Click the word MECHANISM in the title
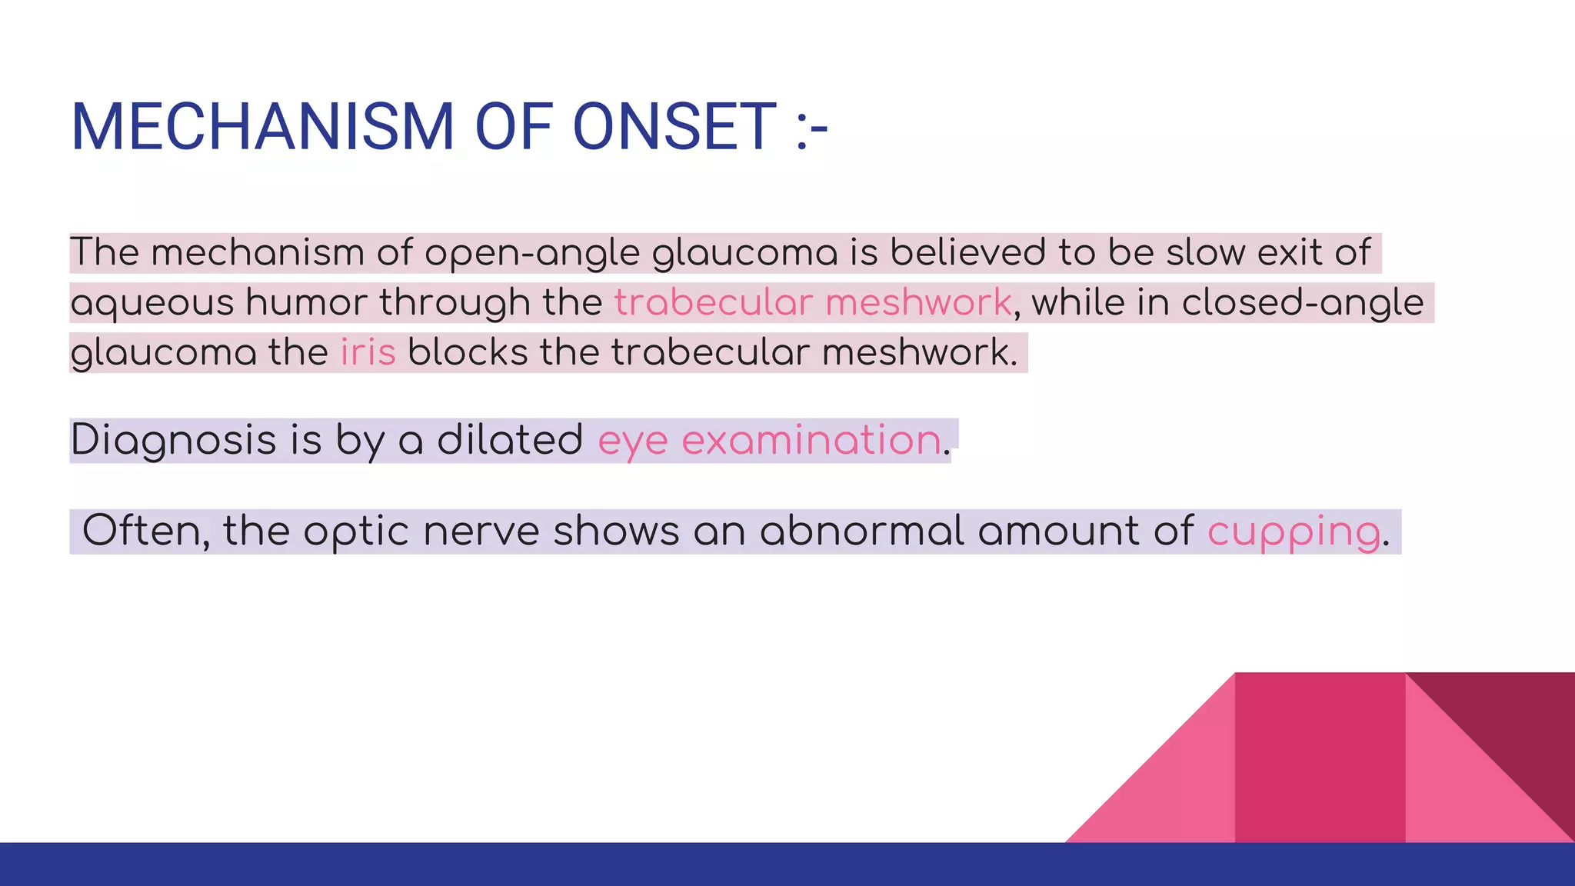(x=262, y=127)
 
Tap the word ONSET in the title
(x=674, y=127)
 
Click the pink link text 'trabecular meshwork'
(x=813, y=302)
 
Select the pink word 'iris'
(x=368, y=352)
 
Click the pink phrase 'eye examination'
(x=769, y=441)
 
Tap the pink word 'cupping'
(x=1294, y=531)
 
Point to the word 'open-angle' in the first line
(x=531, y=253)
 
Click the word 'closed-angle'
(x=1302, y=302)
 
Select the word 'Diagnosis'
(x=173, y=441)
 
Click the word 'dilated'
(x=510, y=441)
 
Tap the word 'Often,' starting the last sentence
(x=145, y=531)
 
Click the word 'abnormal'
(x=861, y=531)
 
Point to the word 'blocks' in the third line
(x=467, y=352)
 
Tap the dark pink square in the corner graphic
(x=1319, y=758)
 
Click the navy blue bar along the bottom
(x=787, y=864)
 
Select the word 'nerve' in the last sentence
(x=481, y=531)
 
